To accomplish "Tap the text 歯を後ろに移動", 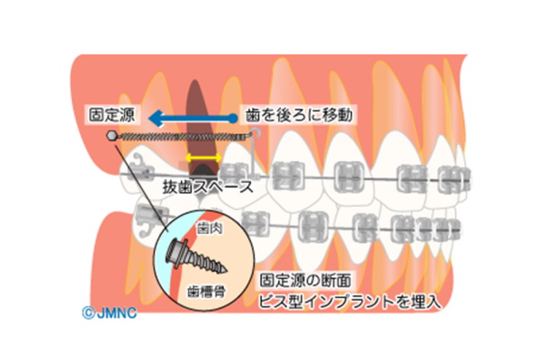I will (294, 116).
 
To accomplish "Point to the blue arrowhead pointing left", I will (156, 117).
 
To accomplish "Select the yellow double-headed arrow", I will (202, 158).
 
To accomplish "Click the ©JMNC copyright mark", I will (102, 314).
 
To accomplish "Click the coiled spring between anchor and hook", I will (180, 137).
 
